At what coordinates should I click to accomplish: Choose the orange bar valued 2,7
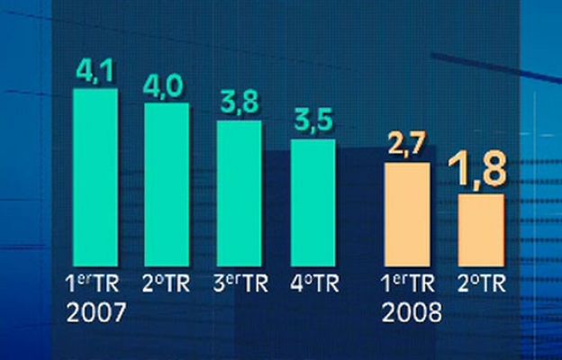click(407, 215)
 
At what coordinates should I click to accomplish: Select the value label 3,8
click(239, 103)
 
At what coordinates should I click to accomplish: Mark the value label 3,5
click(312, 121)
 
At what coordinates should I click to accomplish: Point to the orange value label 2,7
click(407, 146)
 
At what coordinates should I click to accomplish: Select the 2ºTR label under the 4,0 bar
click(167, 283)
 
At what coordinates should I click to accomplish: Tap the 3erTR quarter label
click(239, 283)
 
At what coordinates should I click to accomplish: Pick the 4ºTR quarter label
click(312, 283)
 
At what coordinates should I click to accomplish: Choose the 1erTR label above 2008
click(407, 283)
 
